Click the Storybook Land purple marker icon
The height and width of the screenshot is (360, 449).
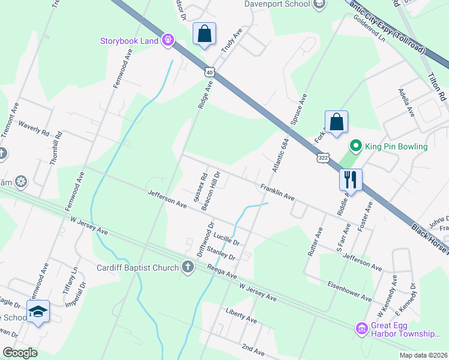click(168, 41)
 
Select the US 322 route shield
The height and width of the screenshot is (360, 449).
click(323, 157)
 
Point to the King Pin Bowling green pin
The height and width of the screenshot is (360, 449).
click(355, 146)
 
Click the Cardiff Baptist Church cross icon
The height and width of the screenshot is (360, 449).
click(188, 267)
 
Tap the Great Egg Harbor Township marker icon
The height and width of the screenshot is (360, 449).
click(361, 328)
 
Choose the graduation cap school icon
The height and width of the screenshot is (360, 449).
click(38, 311)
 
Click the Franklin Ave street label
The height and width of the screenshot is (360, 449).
click(277, 192)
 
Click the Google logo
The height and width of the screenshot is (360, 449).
click(20, 353)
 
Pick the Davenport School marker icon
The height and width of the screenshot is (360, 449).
click(320, 4)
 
